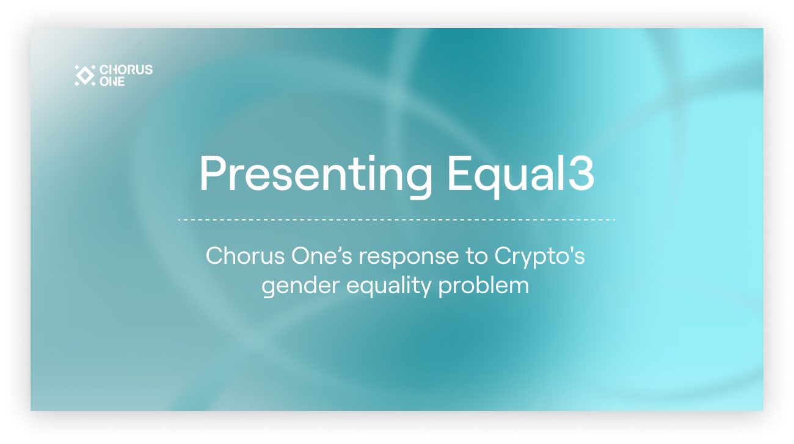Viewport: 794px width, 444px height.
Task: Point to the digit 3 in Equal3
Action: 581,174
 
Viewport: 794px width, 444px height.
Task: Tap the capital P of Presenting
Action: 213,174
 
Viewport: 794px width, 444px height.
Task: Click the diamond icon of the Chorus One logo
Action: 84,75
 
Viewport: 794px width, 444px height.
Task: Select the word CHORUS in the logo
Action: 126,70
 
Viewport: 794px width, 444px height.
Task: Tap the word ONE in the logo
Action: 112,81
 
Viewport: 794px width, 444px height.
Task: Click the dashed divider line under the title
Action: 396,219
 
